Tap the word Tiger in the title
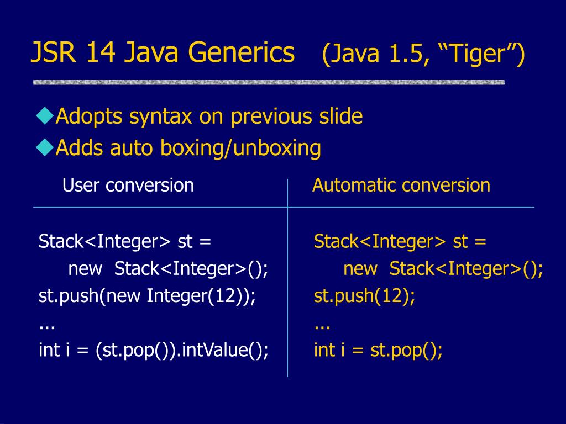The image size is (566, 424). coord(480,54)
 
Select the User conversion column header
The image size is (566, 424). coord(128,185)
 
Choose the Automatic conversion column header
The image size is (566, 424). coord(401,185)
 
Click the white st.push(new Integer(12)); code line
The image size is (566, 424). coord(148,296)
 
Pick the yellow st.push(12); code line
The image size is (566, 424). coord(364,296)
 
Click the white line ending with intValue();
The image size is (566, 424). coord(154,351)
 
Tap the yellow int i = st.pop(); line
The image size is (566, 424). coord(378,351)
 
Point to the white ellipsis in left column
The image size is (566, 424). coord(46,326)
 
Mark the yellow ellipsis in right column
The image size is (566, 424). coord(322,326)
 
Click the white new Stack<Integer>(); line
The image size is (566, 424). coord(168,269)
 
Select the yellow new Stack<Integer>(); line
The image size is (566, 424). coord(443,269)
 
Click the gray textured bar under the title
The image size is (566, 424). coord(269,82)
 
